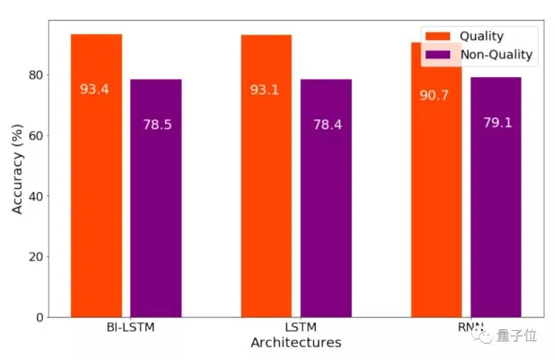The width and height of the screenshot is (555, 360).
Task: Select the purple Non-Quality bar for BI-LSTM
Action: [156, 216]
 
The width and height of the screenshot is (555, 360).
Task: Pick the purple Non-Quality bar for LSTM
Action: [326, 216]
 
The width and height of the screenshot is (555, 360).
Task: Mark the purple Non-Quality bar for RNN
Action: [496, 216]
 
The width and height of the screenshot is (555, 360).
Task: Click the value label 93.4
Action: [95, 89]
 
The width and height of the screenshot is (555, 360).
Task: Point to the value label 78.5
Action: [156, 124]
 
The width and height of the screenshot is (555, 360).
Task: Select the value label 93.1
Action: [264, 90]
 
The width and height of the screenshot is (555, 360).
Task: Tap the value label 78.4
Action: [327, 124]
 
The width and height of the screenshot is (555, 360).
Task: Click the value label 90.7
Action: [434, 96]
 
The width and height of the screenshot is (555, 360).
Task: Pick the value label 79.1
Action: [497, 122]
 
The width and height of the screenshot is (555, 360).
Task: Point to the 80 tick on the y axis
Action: [33, 75]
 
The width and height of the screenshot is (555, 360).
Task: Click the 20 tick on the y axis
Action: [33, 257]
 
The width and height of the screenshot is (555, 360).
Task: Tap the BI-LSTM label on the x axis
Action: [130, 328]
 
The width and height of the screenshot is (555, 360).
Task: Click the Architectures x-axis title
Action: [296, 342]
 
